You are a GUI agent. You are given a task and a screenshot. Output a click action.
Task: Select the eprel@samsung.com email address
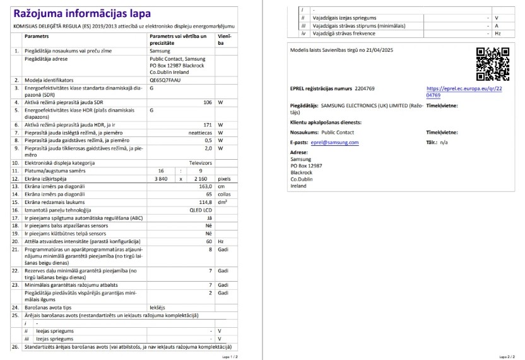point(335,143)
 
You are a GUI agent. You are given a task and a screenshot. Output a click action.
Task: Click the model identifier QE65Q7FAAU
point(166,81)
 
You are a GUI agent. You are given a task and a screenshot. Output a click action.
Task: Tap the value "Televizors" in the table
point(200,163)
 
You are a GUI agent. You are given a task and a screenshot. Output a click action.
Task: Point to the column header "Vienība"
point(224,40)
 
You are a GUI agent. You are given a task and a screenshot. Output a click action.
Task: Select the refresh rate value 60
point(208,241)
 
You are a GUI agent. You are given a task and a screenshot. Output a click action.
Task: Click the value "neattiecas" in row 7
point(199,133)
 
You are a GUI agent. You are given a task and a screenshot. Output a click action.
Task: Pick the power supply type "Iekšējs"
point(157,307)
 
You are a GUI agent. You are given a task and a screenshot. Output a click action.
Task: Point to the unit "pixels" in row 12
point(224,179)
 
